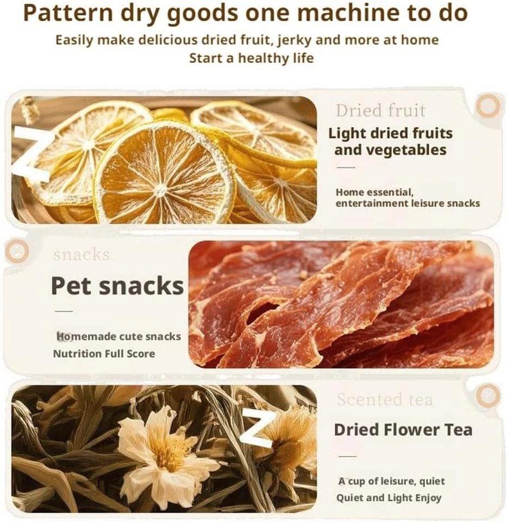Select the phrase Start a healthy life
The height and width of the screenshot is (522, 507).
[251, 58]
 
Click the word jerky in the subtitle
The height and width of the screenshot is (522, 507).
[314, 40]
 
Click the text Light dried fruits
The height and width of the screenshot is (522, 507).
[390, 133]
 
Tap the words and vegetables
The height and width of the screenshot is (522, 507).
[390, 150]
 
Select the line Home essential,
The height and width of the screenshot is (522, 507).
[374, 192]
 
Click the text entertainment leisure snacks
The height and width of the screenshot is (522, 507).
[408, 203]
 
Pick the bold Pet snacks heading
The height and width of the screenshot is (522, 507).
[117, 286]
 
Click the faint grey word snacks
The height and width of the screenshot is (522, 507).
[82, 254]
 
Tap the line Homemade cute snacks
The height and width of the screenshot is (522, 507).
[118, 337]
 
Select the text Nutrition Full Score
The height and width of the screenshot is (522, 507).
[104, 354]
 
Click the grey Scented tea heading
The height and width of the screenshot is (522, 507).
[385, 400]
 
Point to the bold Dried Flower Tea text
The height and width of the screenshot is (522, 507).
[403, 430]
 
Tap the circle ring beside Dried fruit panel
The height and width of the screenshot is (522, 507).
[487, 106]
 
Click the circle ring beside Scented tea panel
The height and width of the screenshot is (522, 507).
[487, 395]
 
